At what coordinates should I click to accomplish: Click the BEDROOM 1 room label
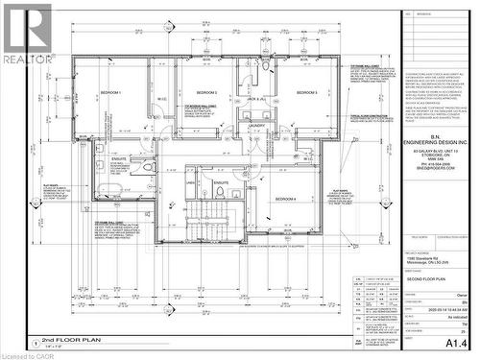pos(110,93)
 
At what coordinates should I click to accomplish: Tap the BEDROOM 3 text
pos(306,92)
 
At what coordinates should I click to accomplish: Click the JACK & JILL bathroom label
pos(255,99)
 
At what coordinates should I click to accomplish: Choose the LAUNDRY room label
pos(257,126)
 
